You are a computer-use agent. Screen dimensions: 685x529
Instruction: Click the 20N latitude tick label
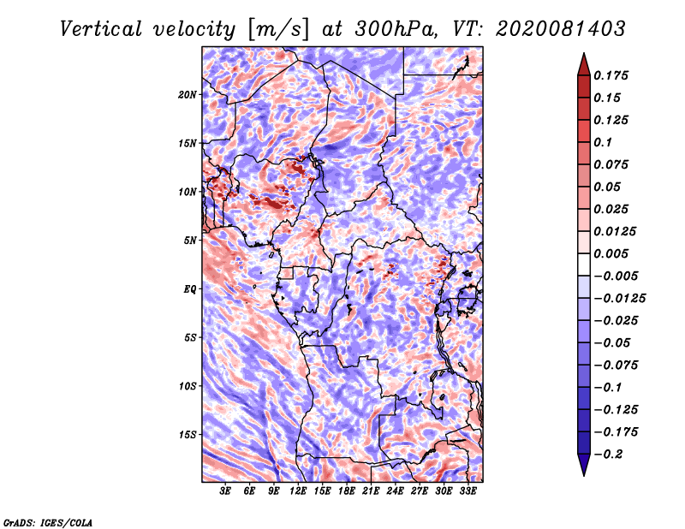188,95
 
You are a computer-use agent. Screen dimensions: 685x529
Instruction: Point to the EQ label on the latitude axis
190,289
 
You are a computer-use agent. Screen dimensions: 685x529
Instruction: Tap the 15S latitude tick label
188,435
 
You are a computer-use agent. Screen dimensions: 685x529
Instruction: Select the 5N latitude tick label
190,241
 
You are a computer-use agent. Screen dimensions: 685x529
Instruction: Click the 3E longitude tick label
225,491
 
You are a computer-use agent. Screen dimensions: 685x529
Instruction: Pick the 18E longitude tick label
347,491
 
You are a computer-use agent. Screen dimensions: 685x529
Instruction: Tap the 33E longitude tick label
468,491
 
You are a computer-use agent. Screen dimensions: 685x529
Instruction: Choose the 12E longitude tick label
298,491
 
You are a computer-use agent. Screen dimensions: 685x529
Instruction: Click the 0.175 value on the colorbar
611,75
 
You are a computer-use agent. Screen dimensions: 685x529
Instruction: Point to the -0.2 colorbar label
608,455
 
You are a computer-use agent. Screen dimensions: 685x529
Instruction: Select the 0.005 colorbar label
611,253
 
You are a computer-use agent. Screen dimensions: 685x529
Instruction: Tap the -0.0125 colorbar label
619,299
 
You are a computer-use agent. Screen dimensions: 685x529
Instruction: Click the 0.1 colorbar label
603,142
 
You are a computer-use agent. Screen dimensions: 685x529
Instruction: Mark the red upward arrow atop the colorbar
584,64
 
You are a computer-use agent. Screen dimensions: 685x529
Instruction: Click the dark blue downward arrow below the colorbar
584,465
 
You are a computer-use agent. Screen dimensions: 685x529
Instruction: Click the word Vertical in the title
101,29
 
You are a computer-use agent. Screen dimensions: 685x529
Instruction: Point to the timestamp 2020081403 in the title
561,29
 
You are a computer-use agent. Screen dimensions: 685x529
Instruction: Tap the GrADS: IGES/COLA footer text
48,522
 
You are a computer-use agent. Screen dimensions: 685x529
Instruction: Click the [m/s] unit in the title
278,30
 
